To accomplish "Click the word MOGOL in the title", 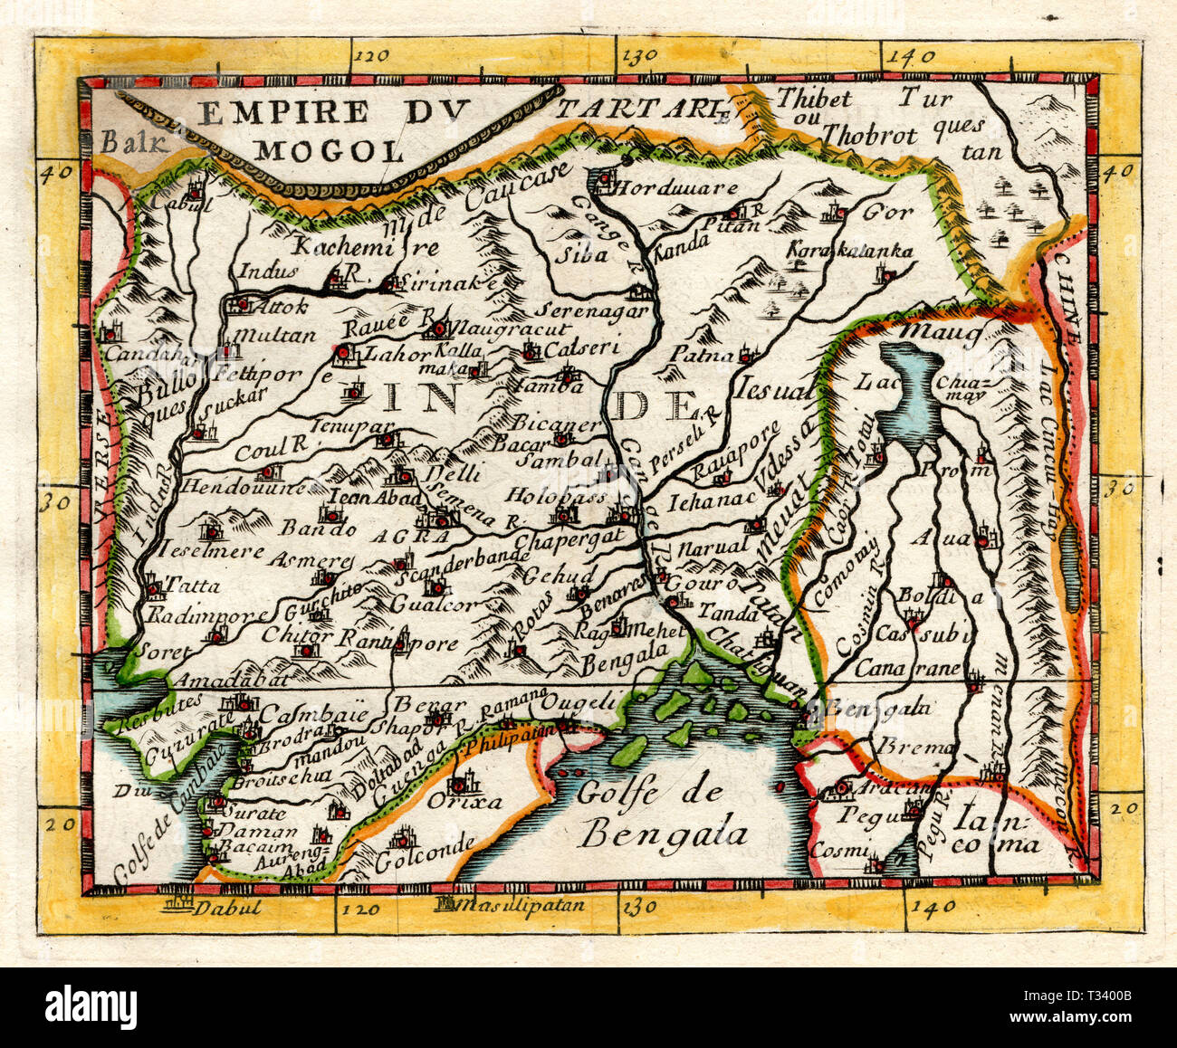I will click(328, 148).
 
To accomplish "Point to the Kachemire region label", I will click(365, 246).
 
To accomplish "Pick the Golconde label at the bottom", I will click(425, 845).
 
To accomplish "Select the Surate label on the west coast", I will click(246, 813).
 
